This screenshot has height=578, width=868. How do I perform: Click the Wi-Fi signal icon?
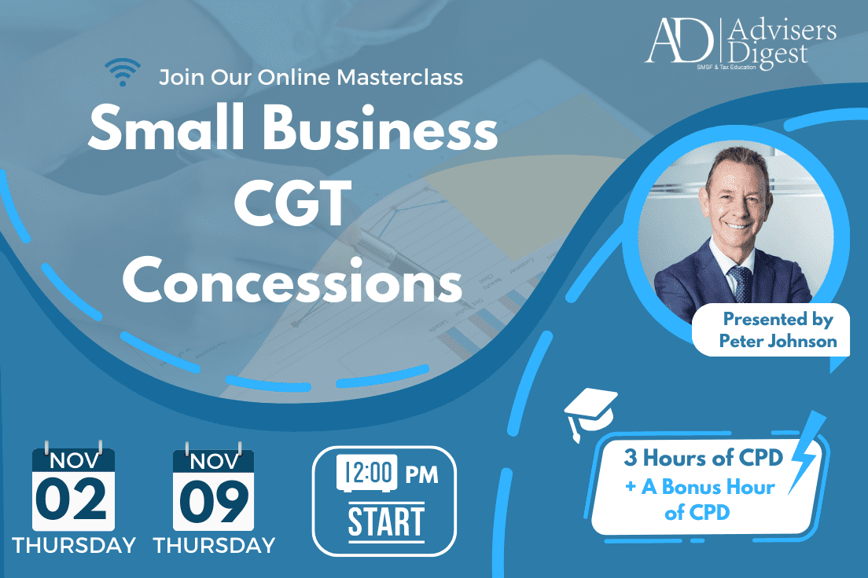tap(123, 72)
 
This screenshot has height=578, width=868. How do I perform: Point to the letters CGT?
tap(292, 203)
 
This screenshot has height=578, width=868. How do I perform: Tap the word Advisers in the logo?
tap(782, 30)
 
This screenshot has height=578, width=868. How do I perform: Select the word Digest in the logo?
tap(767, 55)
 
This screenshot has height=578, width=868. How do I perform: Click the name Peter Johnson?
tap(778, 342)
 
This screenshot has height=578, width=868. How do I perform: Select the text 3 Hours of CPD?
tap(704, 457)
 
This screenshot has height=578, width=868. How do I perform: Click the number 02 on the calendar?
tap(71, 499)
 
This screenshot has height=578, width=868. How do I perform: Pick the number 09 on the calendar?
tap(214, 500)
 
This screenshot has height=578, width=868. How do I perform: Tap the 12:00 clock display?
tap(367, 473)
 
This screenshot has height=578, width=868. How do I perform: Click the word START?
tap(386, 521)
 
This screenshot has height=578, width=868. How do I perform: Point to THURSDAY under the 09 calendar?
tap(215, 545)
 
